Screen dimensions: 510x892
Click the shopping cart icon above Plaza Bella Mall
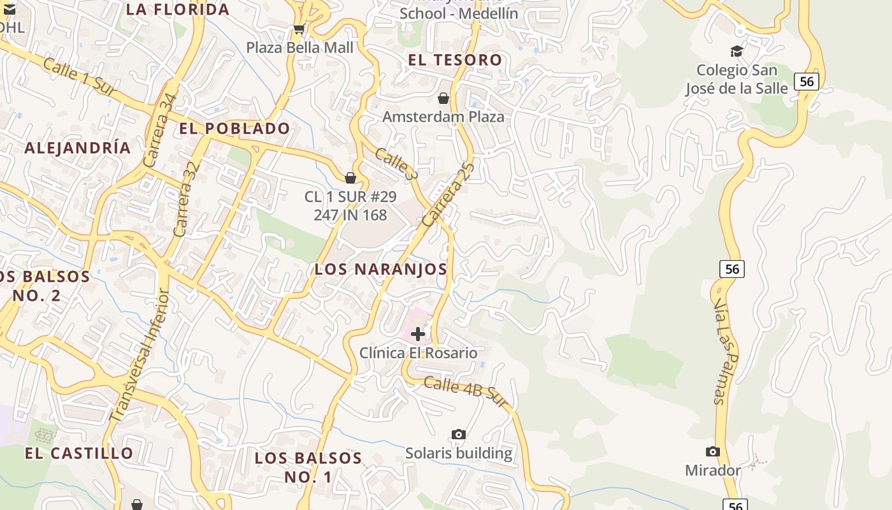(x=298, y=29)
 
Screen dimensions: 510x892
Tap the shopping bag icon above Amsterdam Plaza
(x=443, y=98)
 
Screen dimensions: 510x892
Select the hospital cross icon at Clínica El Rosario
(x=418, y=333)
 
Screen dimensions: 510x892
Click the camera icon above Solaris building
(x=458, y=434)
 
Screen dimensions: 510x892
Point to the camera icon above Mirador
(x=713, y=451)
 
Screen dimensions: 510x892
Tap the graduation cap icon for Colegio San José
(x=737, y=51)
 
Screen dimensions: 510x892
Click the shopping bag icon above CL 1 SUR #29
(x=350, y=178)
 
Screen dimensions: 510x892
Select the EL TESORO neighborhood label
(x=455, y=60)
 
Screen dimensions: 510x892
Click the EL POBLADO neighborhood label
(x=234, y=128)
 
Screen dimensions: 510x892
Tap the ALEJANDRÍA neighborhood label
(x=78, y=148)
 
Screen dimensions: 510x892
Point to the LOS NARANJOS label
(x=380, y=269)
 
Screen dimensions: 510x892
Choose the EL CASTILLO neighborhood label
(x=79, y=453)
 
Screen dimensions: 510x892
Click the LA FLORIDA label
(x=177, y=10)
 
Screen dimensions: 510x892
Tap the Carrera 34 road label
(x=159, y=131)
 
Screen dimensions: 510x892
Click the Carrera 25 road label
(x=449, y=194)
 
